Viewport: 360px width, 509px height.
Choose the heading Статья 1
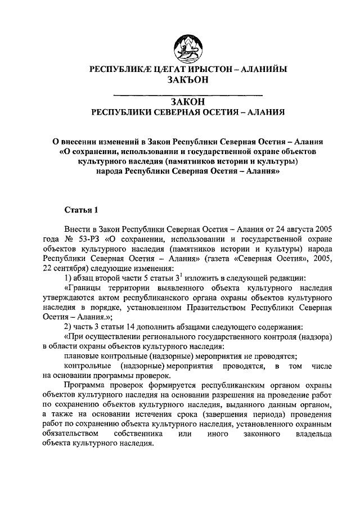[x=81, y=210]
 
